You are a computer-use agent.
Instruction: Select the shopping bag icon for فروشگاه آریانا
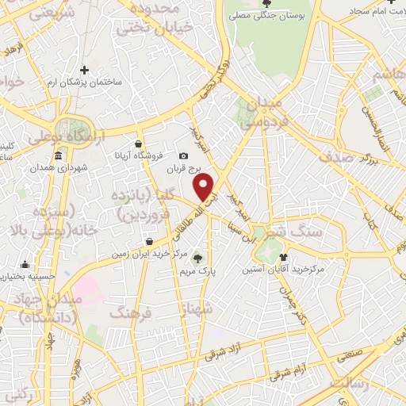pos(140,144)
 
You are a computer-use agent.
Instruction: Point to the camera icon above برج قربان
pos(184,155)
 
